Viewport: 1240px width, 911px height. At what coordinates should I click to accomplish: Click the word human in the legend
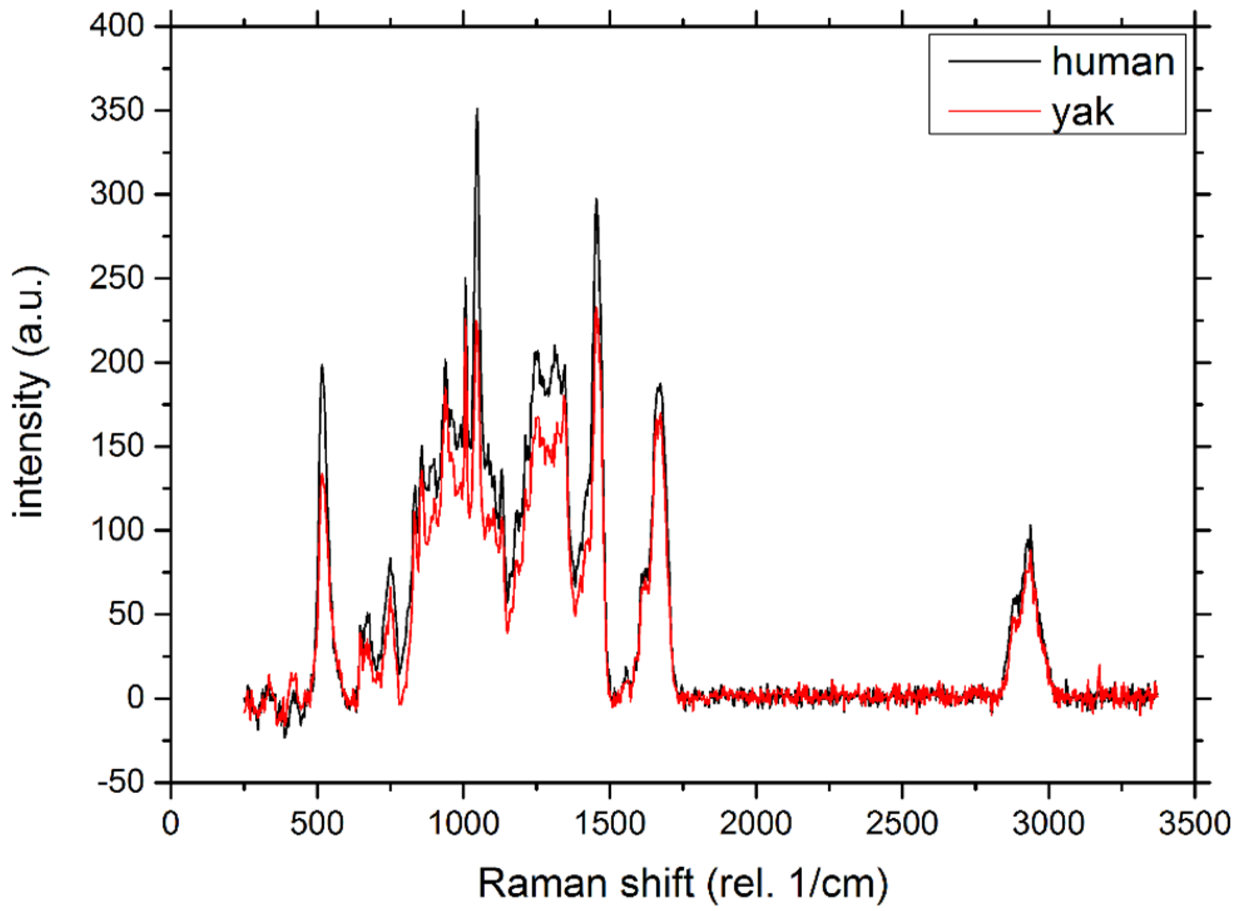(x=1113, y=62)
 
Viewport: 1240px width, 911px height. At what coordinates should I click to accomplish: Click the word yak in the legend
(x=1083, y=113)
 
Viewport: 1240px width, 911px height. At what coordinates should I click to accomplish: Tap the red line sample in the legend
(x=994, y=112)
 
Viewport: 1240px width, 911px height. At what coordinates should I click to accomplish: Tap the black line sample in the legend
(x=994, y=60)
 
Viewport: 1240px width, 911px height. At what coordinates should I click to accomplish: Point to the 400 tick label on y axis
(x=117, y=26)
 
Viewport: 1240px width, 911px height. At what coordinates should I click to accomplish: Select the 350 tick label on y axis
(x=117, y=111)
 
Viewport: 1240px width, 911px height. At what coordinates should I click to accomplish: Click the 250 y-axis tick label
(x=117, y=278)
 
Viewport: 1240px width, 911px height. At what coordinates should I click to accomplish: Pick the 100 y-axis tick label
(x=117, y=530)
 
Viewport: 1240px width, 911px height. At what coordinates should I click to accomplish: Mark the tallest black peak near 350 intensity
(x=478, y=110)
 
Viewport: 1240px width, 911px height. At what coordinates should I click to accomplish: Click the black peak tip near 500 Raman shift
(x=321, y=365)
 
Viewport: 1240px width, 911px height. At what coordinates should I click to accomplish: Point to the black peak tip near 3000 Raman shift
(x=1030, y=526)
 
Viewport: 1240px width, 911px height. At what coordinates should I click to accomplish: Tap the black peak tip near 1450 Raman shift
(x=596, y=199)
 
